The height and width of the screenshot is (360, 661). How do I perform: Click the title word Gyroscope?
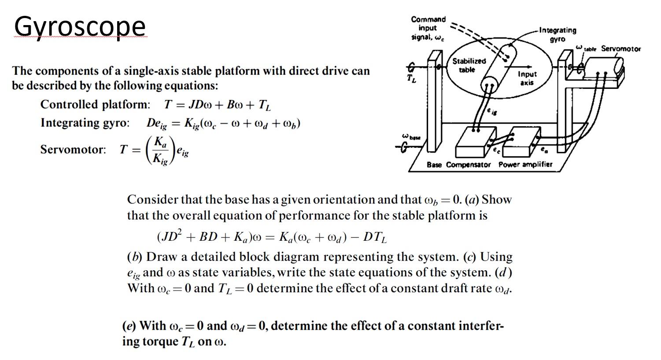[x=80, y=26]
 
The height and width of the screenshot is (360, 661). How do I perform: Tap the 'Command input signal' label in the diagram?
[x=428, y=28]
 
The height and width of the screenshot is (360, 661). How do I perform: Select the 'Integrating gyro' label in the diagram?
[x=558, y=34]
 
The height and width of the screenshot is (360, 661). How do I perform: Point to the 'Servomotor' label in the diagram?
[x=621, y=48]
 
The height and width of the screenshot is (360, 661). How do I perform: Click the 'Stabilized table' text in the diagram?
[x=469, y=65]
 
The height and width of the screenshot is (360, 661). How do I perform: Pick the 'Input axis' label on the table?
[x=527, y=78]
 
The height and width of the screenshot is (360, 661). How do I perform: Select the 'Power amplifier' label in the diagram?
[x=525, y=165]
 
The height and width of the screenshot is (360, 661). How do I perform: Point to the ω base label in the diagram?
[x=411, y=137]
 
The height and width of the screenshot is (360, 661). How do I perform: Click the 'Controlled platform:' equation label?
[x=95, y=105]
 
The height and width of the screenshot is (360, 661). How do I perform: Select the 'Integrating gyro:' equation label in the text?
[x=85, y=123]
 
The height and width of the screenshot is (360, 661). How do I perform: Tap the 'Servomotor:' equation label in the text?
[x=73, y=150]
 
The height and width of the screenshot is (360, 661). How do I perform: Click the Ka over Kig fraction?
[x=161, y=150]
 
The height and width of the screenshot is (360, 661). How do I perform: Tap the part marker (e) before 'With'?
[x=129, y=326]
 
